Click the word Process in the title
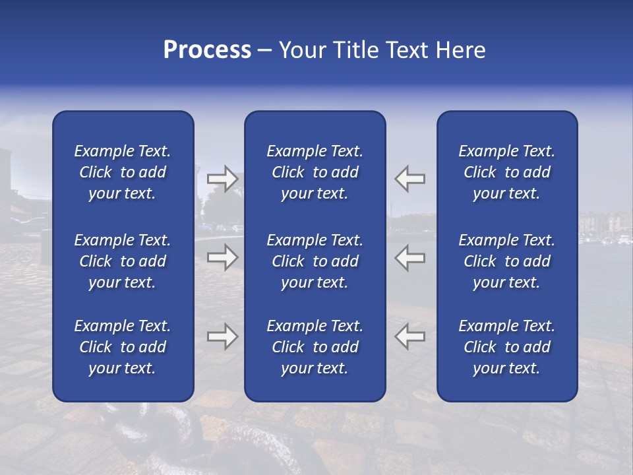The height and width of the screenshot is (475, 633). click(207, 50)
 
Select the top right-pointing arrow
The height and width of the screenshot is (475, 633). click(223, 179)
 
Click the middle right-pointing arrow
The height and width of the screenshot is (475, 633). click(223, 257)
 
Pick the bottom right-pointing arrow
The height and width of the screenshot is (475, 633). click(223, 336)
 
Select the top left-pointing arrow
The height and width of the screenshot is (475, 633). click(410, 179)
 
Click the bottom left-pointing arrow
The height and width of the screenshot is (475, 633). click(410, 336)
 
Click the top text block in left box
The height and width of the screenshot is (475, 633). click(123, 172)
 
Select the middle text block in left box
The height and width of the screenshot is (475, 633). click(123, 261)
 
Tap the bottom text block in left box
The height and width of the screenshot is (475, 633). click(123, 347)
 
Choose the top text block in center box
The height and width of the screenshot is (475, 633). click(315, 172)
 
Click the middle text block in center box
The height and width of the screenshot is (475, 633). click(315, 261)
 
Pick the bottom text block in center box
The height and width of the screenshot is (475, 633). click(315, 347)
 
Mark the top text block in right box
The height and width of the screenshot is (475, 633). click(506, 172)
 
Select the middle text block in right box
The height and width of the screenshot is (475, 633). click(506, 261)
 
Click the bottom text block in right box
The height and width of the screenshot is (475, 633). click(506, 347)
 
